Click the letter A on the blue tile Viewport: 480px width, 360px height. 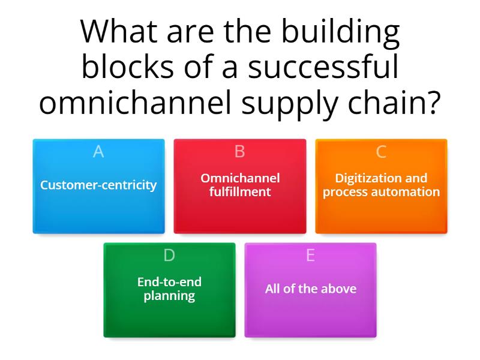[x=98, y=152]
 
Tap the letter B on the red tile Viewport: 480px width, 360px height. [x=240, y=152]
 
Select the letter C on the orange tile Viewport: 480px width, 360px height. [x=381, y=152]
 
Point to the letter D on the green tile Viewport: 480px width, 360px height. [x=169, y=256]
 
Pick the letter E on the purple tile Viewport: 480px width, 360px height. [x=310, y=256]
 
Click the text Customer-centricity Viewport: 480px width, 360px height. [x=98, y=185]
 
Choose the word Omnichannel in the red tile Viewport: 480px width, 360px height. [x=240, y=178]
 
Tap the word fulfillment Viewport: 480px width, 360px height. [x=240, y=192]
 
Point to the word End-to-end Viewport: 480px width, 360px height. [x=169, y=282]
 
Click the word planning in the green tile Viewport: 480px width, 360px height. [x=169, y=296]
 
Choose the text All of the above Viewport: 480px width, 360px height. [x=311, y=289]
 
